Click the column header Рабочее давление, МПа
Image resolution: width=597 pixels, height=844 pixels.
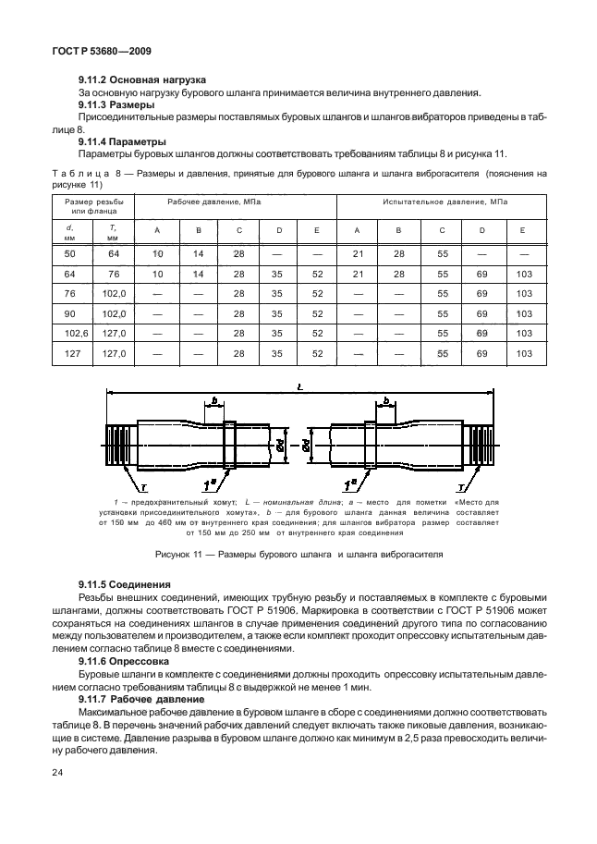click(213, 202)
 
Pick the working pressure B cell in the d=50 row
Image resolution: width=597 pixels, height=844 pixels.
click(197, 252)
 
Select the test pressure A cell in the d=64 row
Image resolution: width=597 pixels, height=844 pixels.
click(357, 273)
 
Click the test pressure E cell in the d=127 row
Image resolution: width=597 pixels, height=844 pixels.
click(525, 354)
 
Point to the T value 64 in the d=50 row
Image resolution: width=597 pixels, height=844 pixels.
click(113, 252)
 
